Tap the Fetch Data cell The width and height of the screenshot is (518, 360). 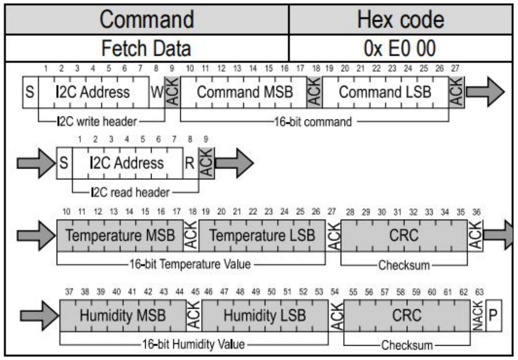147,48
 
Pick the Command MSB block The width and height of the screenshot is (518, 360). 244,92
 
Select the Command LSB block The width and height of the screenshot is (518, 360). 386,92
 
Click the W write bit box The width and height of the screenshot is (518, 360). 157,92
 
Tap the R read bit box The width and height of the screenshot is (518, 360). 190,163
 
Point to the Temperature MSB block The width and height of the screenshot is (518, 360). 120,235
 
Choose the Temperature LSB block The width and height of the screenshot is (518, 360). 262,235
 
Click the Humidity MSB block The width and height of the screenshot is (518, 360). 123,315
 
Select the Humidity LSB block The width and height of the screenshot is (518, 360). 265,315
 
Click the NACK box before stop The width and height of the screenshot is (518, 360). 478,315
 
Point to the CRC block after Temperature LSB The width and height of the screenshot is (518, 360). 404,235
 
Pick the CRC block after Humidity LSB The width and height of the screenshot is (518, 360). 406,315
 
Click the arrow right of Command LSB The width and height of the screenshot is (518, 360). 485,92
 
